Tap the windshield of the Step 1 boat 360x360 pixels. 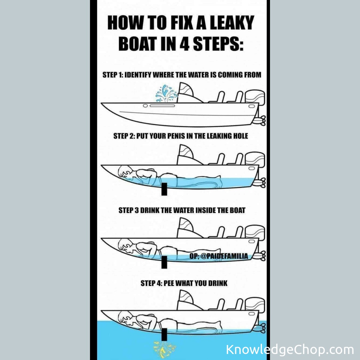(x=186, y=92)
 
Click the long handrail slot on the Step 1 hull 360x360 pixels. (x=162, y=106)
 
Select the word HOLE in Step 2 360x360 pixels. (x=241, y=136)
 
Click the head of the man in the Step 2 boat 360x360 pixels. (x=125, y=173)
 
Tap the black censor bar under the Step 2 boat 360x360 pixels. (x=164, y=189)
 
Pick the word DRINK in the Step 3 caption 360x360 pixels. (x=149, y=210)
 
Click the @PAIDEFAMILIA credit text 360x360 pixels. (x=224, y=256)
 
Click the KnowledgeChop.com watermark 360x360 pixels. (x=290, y=350)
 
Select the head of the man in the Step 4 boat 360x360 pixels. (x=125, y=318)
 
